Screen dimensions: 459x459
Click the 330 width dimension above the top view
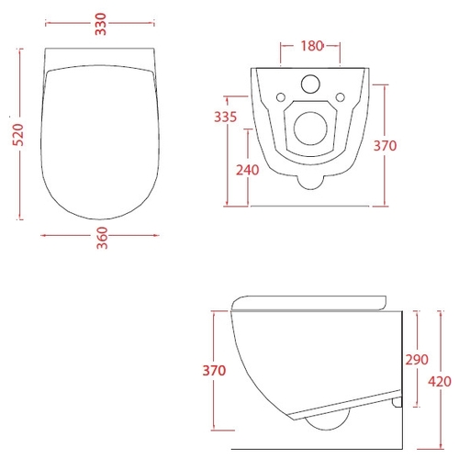100,24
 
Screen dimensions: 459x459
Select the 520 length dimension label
18,135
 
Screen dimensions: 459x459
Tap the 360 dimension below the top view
102,238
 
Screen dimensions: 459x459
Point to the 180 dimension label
312,46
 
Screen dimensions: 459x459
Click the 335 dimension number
226,117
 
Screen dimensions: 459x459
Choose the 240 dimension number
248,170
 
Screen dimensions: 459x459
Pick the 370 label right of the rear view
385,146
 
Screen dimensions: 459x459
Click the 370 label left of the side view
214,371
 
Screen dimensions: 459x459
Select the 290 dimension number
417,360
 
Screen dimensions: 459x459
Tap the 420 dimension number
440,382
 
